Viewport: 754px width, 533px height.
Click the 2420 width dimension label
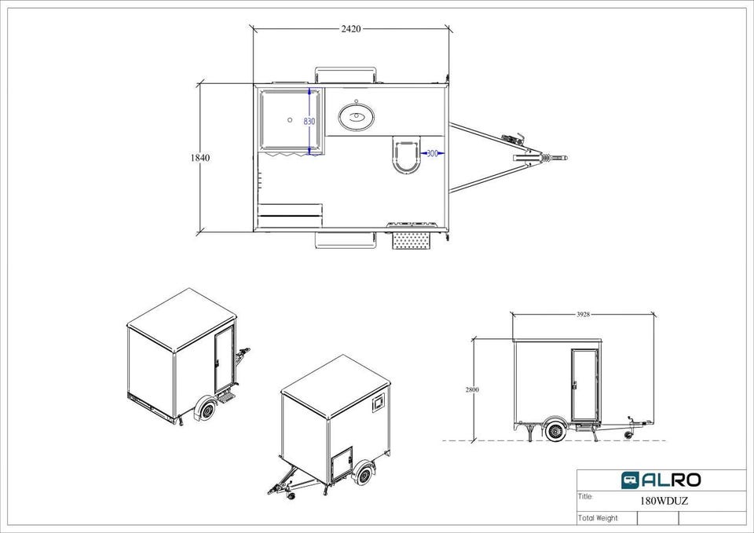[351, 29]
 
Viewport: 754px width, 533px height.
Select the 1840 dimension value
[200, 158]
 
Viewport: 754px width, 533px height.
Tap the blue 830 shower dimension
[309, 122]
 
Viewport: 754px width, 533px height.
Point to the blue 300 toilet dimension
[432, 153]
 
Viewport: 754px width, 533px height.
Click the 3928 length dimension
[583, 315]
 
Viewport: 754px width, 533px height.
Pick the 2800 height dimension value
[472, 390]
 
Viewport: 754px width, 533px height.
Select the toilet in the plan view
[406, 155]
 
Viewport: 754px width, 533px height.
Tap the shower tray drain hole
[290, 119]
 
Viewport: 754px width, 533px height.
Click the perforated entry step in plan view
[411, 240]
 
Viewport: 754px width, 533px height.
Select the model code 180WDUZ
[664, 501]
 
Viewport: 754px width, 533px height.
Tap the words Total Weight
[598, 518]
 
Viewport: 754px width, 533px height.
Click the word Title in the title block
[586, 496]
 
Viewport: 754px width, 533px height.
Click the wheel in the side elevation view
[556, 431]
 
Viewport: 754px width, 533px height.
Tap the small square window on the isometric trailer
[379, 402]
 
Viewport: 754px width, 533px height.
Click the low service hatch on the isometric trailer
[342, 463]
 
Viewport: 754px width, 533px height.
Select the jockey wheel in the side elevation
[628, 434]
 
